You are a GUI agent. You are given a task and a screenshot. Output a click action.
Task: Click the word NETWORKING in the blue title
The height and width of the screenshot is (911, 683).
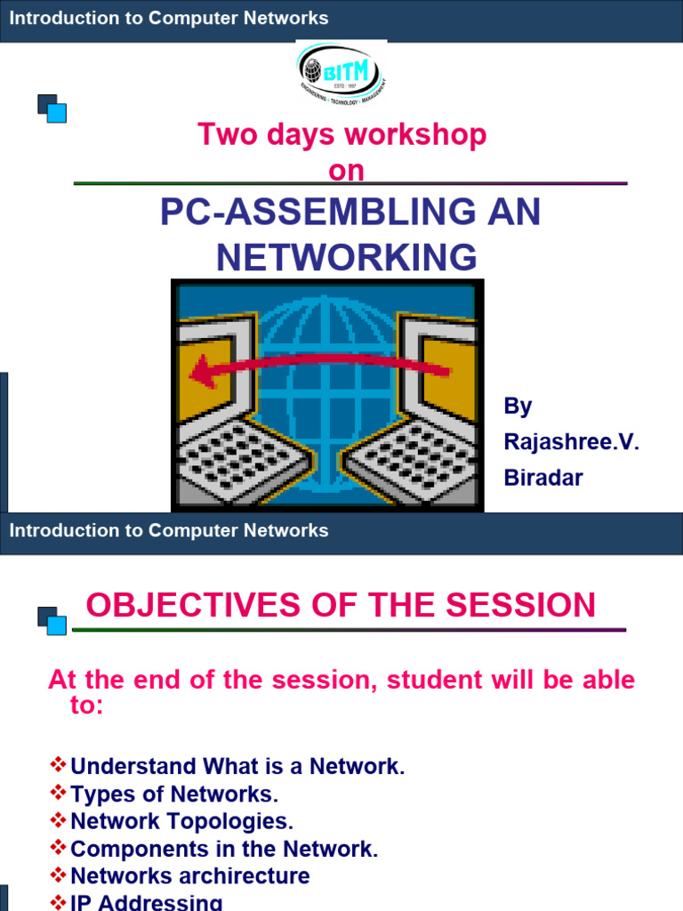[x=347, y=257]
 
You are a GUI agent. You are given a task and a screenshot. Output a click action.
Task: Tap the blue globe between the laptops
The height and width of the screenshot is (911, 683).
[x=329, y=356]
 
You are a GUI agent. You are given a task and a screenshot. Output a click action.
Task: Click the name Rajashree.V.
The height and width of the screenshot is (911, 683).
[x=572, y=442]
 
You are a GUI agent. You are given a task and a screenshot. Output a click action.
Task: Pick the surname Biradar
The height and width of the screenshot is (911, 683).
[x=543, y=478]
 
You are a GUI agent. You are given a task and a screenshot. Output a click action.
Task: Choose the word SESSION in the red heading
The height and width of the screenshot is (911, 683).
[x=522, y=606]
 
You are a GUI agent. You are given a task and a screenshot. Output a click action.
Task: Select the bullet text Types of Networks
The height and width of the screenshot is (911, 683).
[x=174, y=794]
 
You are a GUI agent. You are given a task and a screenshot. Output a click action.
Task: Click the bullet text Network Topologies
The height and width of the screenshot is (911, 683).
[x=181, y=821]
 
